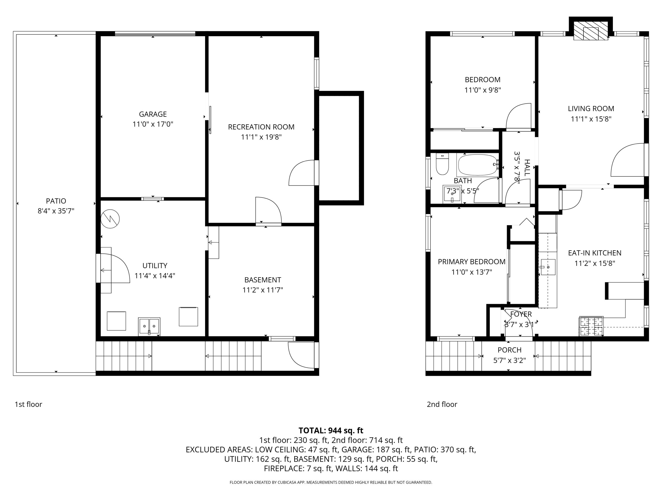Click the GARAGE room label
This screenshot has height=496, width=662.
[x=153, y=114]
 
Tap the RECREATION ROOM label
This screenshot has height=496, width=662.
[x=261, y=127]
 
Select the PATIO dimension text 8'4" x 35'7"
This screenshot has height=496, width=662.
[x=56, y=211]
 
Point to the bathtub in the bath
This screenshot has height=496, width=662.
[x=478, y=165]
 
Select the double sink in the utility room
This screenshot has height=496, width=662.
[x=149, y=327]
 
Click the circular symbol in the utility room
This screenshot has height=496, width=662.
[x=110, y=219]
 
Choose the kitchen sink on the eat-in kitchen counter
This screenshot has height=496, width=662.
[x=548, y=267]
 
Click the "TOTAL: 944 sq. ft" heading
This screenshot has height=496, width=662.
[x=331, y=431]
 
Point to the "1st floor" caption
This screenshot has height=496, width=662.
[x=28, y=404]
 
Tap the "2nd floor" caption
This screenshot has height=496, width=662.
[x=442, y=404]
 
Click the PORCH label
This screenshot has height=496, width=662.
[x=509, y=350]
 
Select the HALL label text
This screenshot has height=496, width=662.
[x=527, y=168]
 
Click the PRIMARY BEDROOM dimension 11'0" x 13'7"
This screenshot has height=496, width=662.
[x=472, y=272]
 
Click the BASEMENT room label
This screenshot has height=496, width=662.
[x=263, y=280]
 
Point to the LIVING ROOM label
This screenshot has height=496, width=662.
[x=591, y=109]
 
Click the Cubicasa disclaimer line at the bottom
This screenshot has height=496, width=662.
[x=331, y=482]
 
